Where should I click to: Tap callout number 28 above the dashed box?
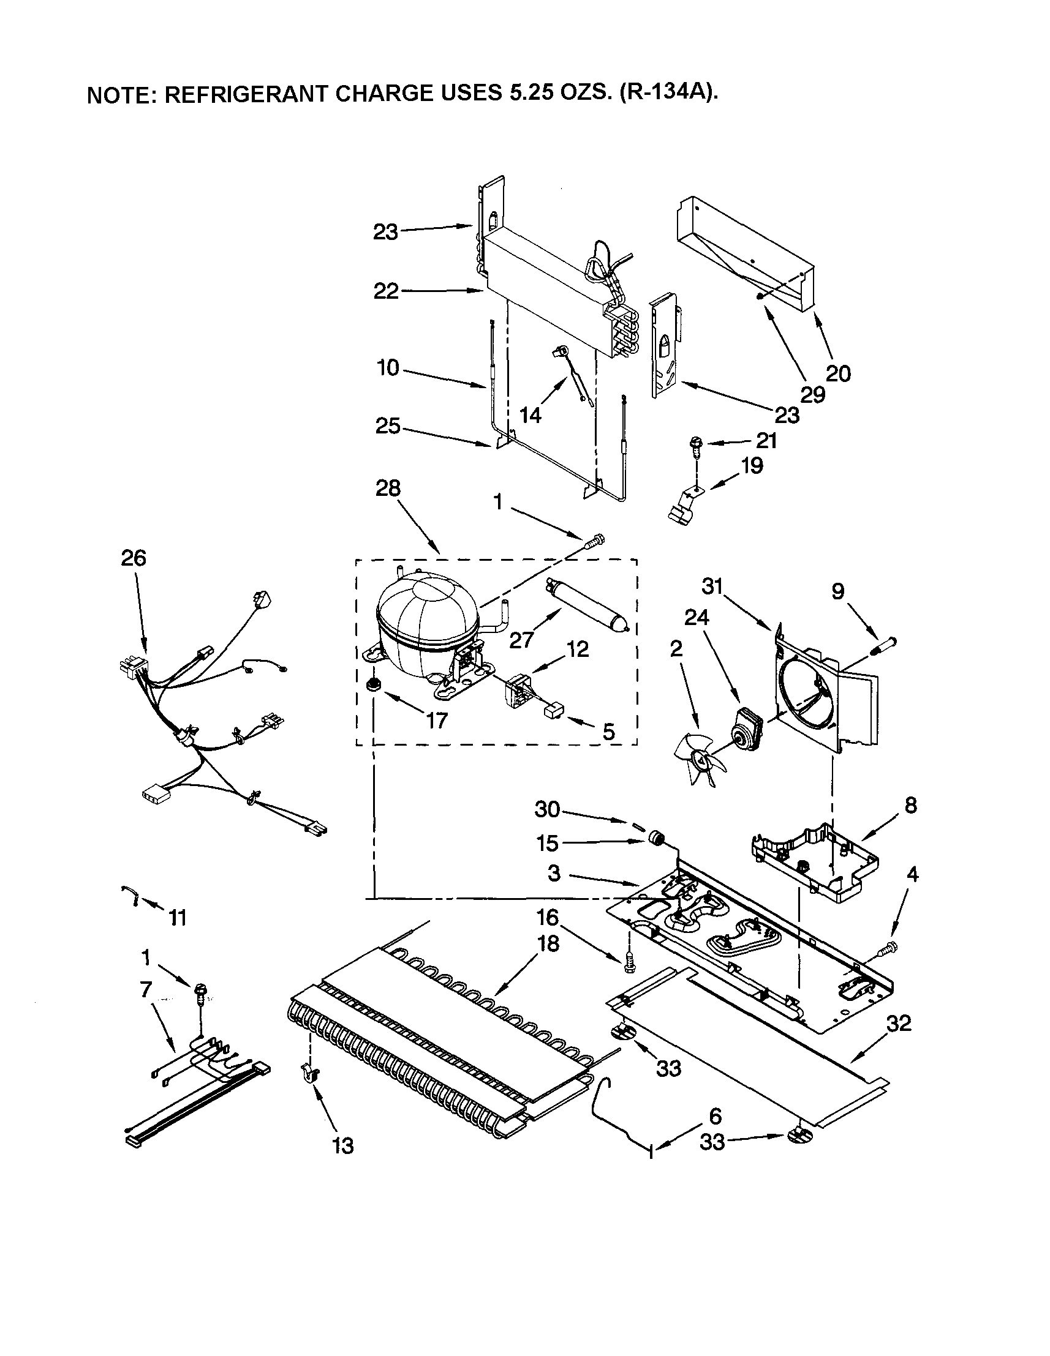(388, 489)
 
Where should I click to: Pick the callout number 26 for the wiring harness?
(133, 558)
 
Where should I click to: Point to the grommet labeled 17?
(374, 684)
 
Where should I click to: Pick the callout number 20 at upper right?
(837, 373)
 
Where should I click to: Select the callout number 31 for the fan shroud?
(713, 585)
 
